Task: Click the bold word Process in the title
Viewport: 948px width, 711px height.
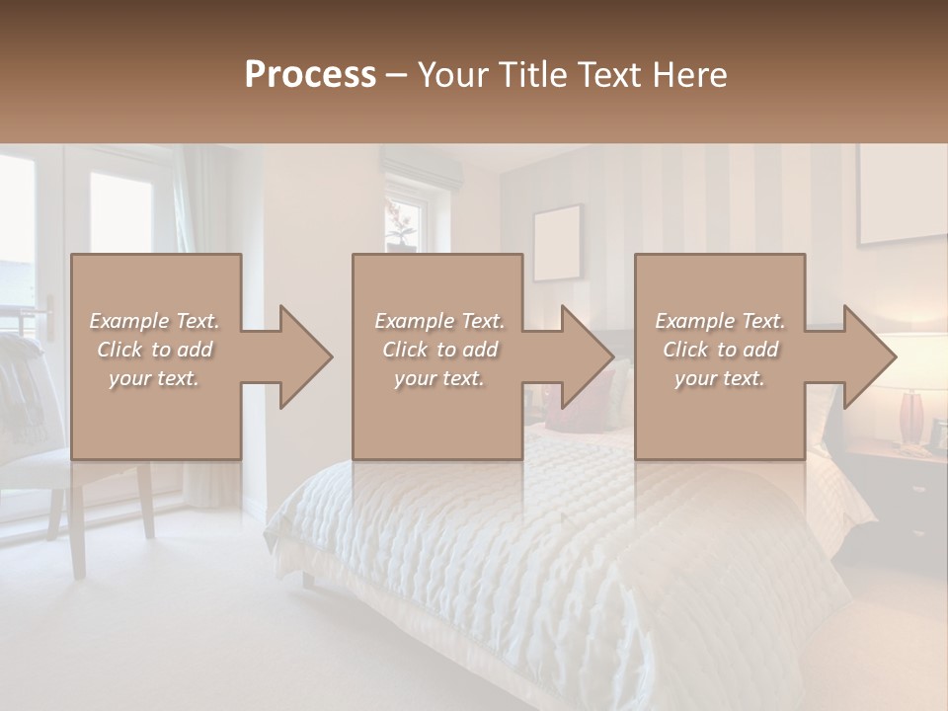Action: click(x=310, y=74)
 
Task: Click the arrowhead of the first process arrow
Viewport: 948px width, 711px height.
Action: click(x=305, y=356)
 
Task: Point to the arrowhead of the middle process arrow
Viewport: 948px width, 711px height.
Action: click(x=587, y=356)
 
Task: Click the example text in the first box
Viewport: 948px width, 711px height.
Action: click(x=154, y=350)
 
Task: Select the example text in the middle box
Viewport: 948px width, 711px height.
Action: click(x=438, y=350)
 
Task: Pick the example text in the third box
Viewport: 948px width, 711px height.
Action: click(x=720, y=350)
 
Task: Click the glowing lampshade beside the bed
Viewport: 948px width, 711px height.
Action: click(x=916, y=361)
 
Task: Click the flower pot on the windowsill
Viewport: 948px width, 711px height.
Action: click(x=401, y=237)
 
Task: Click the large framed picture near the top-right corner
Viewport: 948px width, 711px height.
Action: click(x=901, y=193)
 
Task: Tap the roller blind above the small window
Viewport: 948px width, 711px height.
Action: click(x=422, y=170)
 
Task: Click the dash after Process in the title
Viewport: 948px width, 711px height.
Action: click(x=397, y=75)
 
